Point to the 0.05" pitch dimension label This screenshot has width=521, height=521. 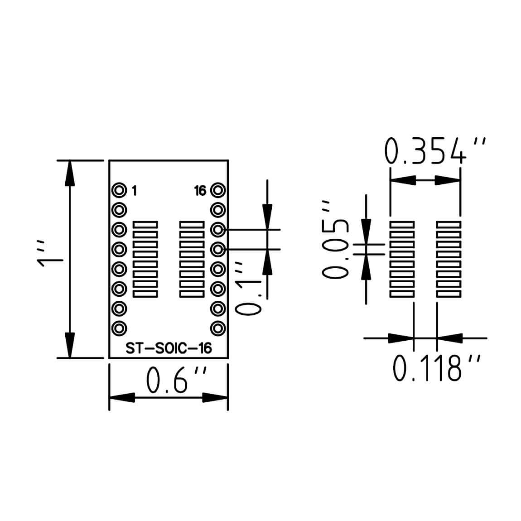[x=336, y=239]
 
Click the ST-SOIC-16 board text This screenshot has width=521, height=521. [x=169, y=348]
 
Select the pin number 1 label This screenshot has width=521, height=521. [x=134, y=191]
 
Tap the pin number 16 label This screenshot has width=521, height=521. [x=200, y=191]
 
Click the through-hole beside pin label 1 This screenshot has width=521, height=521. [x=120, y=190]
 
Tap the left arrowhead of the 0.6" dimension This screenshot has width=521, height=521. [x=122, y=398]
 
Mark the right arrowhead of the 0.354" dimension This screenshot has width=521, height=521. [x=448, y=180]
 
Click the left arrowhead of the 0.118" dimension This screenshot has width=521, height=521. [x=401, y=338]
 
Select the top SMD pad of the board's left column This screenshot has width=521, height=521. [x=145, y=224]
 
